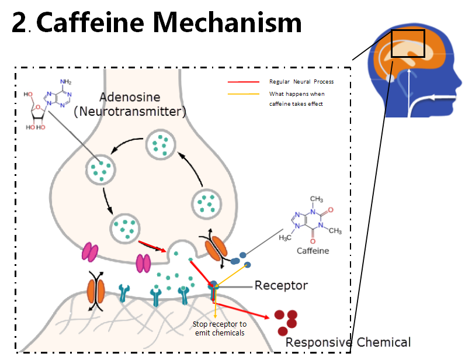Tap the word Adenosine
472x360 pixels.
[129, 97]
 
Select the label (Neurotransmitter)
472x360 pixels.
[130, 110]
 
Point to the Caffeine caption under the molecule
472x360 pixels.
[313, 251]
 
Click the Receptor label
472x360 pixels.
[280, 286]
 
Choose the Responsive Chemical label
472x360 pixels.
[348, 342]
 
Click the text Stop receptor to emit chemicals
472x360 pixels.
[219, 328]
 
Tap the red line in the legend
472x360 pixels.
[242, 82]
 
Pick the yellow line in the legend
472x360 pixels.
[242, 94]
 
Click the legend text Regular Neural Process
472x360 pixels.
[301, 82]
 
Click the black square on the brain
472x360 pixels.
[408, 43]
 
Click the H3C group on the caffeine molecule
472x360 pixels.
[286, 238]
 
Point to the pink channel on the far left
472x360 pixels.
[91, 252]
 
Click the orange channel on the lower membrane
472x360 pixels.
[96, 290]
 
